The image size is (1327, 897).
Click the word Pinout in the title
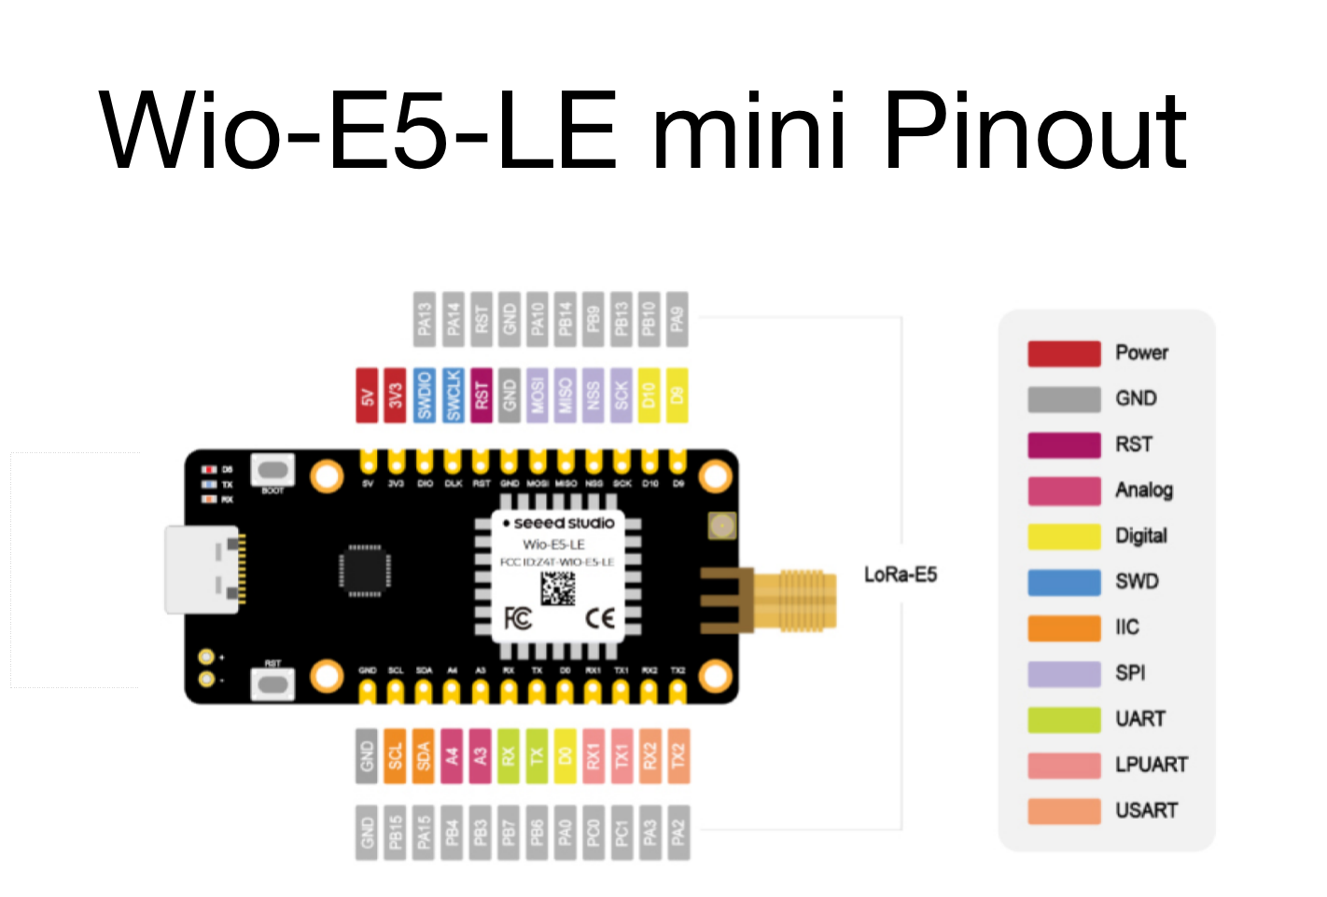1034,132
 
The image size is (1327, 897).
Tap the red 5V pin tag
368,395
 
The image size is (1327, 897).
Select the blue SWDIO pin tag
425,395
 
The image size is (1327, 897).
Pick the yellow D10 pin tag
650,395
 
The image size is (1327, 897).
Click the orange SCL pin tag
396,755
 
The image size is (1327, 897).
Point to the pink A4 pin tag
453,755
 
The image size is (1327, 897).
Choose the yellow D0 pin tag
565,755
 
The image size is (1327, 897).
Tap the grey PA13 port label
425,319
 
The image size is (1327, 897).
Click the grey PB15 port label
396,832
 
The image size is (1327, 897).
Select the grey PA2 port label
677,832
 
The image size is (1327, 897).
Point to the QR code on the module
558,588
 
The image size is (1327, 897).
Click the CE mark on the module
599,618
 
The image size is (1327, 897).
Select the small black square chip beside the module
365,570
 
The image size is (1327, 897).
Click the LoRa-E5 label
900,574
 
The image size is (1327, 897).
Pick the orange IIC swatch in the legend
1064,628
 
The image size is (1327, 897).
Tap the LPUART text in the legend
1152,765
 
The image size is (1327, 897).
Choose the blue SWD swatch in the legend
1064,582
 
